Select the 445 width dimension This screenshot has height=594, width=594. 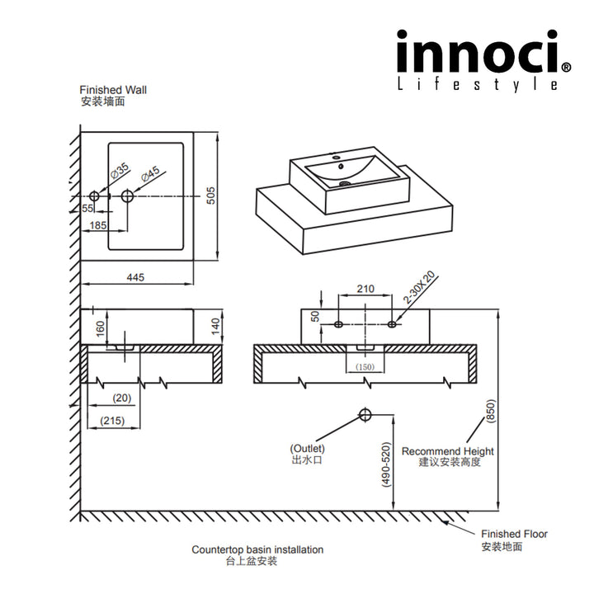[x=135, y=278]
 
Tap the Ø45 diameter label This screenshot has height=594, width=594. [x=149, y=174]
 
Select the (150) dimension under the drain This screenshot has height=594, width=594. [x=365, y=365]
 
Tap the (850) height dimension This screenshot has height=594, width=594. [x=489, y=412]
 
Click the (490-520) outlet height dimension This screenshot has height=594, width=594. [x=386, y=467]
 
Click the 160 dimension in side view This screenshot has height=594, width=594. [x=100, y=329]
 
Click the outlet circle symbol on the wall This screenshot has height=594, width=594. [x=365, y=414]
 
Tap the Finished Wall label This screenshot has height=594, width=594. [x=113, y=90]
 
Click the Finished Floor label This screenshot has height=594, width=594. [x=514, y=534]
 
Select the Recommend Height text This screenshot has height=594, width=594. [x=447, y=451]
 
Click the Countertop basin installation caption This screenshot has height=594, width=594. [x=257, y=549]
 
